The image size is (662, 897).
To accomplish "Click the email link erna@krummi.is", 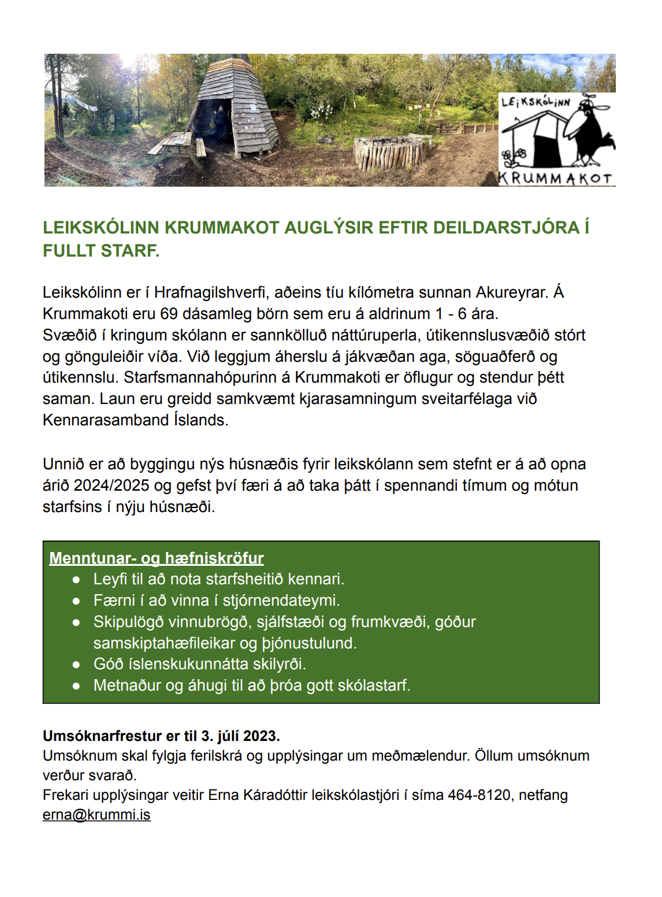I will click(96, 815).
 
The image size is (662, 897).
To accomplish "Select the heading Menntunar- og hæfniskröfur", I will click(156, 558).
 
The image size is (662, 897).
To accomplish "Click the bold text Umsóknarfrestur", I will click(102, 736).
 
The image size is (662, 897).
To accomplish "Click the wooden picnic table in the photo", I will click(176, 147).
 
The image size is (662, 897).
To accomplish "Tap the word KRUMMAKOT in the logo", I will click(556, 179).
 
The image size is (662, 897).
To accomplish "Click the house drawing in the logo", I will click(531, 139).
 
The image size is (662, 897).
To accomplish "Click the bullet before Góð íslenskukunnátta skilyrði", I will click(76, 665).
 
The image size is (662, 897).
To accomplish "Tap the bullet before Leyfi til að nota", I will click(76, 580).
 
